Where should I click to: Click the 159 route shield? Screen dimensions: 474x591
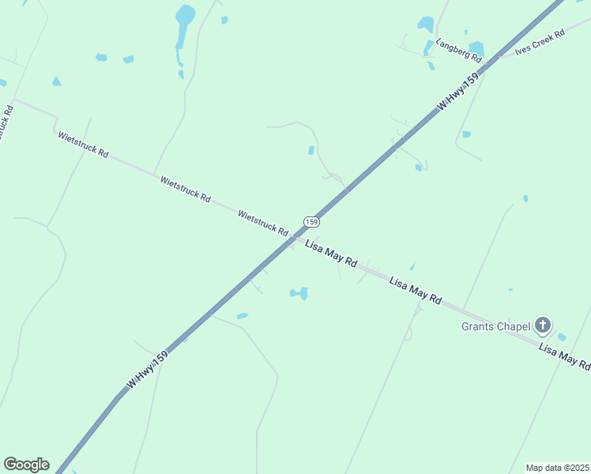tap(311, 222)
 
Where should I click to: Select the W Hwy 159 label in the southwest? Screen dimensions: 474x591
tap(147, 370)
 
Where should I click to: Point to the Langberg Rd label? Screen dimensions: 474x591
tap(459, 53)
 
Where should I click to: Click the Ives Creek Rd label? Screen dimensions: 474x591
tap(540, 42)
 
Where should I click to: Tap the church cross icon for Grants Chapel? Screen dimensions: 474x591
tap(543, 325)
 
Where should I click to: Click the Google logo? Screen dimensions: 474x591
tap(26, 465)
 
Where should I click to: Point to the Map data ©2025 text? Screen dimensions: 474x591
tap(557, 467)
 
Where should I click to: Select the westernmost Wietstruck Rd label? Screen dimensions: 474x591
tap(82, 144)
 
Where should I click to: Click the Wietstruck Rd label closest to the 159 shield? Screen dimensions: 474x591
tap(263, 222)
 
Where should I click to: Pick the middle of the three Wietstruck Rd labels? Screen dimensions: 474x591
tap(185, 189)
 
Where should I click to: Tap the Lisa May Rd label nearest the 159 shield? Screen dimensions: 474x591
tap(331, 252)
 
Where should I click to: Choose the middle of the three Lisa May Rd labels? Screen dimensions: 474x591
tap(415, 289)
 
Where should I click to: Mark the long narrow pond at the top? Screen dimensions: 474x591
tap(183, 25)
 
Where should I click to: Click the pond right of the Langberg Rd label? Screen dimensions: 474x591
tap(476, 48)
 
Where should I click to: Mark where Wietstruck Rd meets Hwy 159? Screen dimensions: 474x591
tap(295, 236)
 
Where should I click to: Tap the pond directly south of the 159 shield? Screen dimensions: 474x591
tap(300, 293)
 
